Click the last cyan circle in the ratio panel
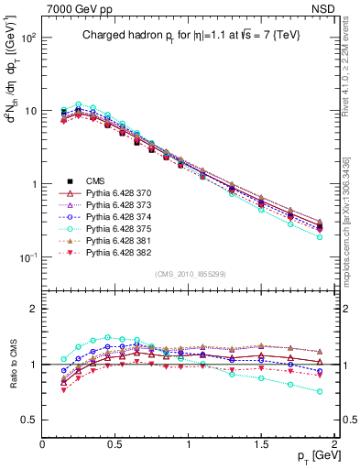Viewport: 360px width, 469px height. point(320,391)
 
